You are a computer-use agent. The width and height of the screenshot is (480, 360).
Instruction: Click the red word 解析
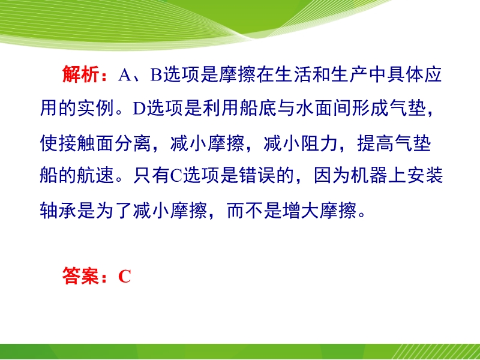point(81,74)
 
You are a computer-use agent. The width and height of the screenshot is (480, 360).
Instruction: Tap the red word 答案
point(81,276)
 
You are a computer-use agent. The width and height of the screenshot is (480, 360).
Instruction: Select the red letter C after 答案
point(125,277)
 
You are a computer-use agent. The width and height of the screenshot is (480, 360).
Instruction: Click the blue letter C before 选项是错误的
point(176,176)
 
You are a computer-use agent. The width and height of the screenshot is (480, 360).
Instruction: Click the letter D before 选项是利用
point(139,109)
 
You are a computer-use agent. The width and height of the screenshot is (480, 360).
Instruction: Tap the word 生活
point(293,74)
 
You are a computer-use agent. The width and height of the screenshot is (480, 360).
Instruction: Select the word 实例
point(95,108)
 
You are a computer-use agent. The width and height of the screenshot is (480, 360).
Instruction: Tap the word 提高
point(376,143)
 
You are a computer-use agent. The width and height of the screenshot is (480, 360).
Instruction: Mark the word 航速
point(95,175)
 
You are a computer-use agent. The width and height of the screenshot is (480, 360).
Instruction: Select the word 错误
point(257,175)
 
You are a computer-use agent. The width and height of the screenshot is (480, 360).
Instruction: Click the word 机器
point(369,175)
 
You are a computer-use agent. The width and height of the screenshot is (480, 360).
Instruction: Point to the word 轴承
point(58,211)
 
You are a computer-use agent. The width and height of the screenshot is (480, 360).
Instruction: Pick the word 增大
point(301,211)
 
